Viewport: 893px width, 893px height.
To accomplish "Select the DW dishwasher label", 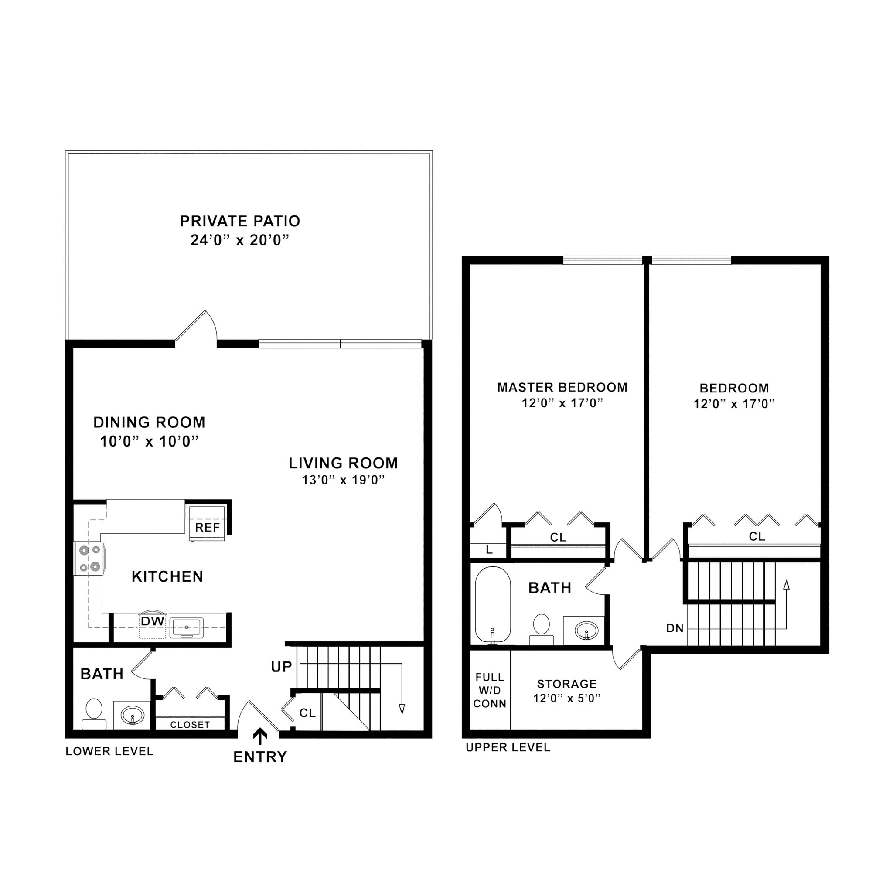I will click(153, 622).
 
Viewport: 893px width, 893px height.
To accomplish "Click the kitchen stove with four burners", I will click(90, 559).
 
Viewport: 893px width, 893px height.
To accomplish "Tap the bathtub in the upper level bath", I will click(493, 605).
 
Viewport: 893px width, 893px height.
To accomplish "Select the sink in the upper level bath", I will click(586, 631).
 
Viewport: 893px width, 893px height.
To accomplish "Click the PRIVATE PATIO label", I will click(240, 221).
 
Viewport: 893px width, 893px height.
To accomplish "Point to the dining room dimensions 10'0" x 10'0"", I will click(149, 441).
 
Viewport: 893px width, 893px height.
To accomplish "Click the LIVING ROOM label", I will click(344, 463).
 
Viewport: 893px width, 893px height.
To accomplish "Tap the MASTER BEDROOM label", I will click(562, 387).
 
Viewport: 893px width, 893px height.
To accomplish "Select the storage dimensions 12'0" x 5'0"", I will click(567, 698).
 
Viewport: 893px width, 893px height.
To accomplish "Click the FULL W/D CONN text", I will click(490, 690).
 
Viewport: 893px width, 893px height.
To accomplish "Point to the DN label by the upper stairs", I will click(675, 628).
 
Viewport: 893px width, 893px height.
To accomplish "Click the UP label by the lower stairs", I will click(282, 667).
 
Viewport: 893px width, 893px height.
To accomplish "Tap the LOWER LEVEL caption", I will click(109, 751).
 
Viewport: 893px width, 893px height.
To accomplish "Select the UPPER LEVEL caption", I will click(508, 747).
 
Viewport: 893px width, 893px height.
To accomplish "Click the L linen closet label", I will click(489, 550).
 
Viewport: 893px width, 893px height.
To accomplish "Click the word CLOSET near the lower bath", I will click(190, 725).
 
